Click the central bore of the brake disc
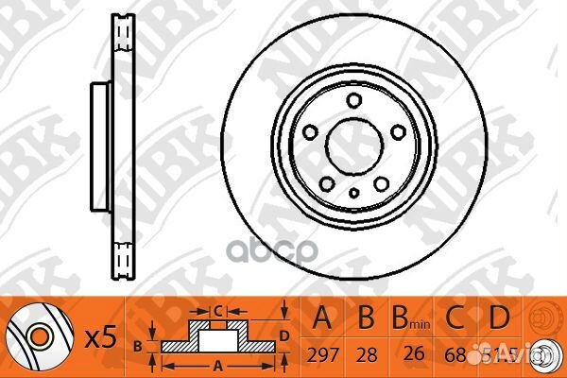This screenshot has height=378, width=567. pos(353,146)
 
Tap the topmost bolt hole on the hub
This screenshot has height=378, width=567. pos(353,101)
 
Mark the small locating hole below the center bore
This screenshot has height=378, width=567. pos(353,193)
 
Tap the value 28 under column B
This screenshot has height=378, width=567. pos(363,356)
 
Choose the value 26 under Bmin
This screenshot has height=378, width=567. pos(413,356)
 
